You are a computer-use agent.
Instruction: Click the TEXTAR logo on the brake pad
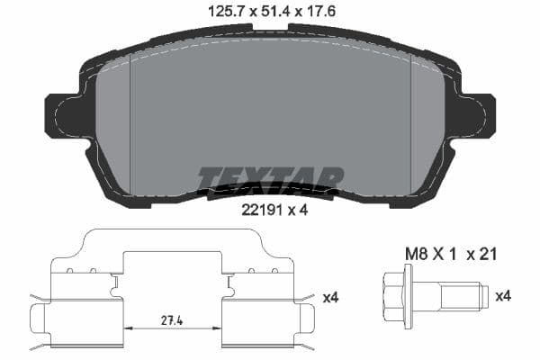coord(270,178)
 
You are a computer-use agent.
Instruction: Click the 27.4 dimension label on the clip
coord(173,319)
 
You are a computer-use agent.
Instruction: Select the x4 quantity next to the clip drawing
coord(330,296)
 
